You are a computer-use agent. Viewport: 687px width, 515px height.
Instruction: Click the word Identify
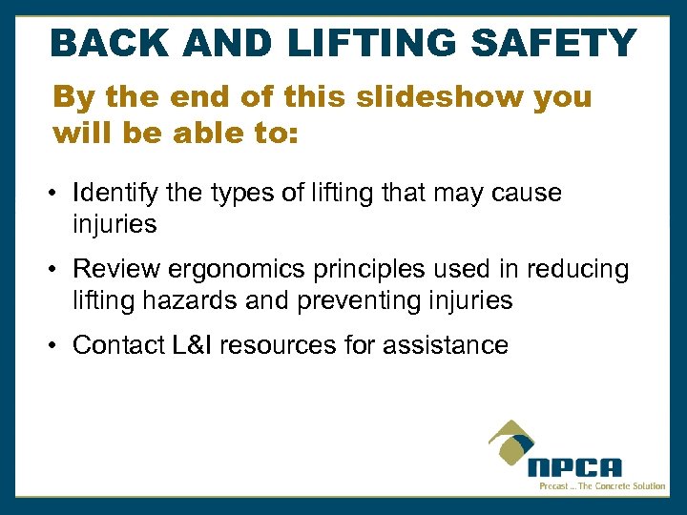(x=114, y=195)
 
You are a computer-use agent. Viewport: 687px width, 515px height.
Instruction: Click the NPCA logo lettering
(x=575, y=468)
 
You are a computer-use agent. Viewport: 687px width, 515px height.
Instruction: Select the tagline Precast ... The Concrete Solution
(x=602, y=486)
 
